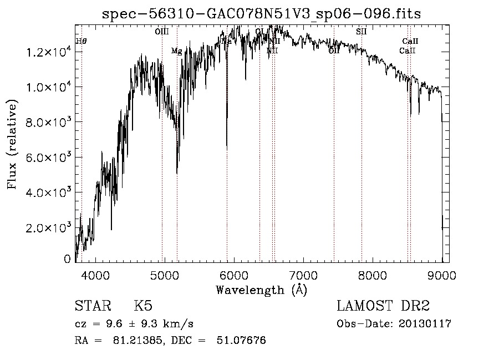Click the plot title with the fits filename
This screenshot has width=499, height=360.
coord(262,14)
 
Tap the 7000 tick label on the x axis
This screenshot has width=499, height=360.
coord(303,275)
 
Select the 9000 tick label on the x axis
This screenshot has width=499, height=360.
coord(442,275)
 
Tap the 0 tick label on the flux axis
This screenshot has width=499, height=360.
coord(68,258)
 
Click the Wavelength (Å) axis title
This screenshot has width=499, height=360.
coord(262,290)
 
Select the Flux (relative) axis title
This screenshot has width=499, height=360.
coord(12,144)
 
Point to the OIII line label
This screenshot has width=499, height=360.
coord(162,32)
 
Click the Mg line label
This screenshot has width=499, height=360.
coord(176,51)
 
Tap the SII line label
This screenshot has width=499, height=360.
coord(361,32)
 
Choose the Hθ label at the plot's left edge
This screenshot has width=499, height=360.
coord(82,41)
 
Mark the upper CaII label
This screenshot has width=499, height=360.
coord(410,41)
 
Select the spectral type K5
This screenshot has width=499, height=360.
coord(143,307)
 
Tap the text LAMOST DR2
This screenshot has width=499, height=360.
coord(383,307)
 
